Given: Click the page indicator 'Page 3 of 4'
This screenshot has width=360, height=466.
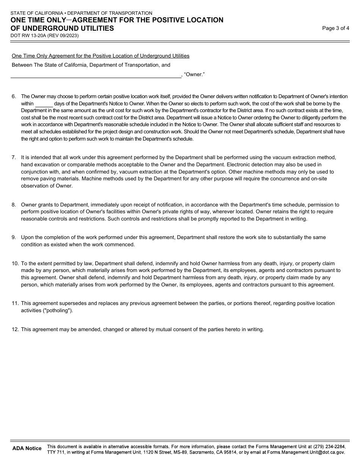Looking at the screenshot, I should pyautogui.click(x=335, y=28).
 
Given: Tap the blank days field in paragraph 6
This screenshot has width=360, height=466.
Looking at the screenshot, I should pyautogui.click(x=44, y=104).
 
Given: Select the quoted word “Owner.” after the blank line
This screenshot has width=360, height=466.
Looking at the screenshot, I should pyautogui.click(x=194, y=75).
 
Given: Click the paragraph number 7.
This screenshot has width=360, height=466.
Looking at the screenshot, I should pyautogui.click(x=14, y=157).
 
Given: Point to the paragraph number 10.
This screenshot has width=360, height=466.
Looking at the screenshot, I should pyautogui.click(x=15, y=264).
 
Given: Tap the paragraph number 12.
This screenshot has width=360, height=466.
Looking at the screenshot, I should pyautogui.click(x=15, y=330).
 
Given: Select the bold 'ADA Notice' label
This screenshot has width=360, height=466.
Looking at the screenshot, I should pyautogui.click(x=27, y=449).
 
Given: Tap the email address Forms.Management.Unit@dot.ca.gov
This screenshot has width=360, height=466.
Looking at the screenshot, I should pyautogui.click(x=306, y=452).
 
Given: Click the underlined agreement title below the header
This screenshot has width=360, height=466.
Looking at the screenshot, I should pyautogui.click(x=100, y=56).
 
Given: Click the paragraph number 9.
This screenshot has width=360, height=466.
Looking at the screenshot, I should pyautogui.click(x=14, y=238).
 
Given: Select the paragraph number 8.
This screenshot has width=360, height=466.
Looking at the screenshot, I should pyautogui.click(x=14, y=205).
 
